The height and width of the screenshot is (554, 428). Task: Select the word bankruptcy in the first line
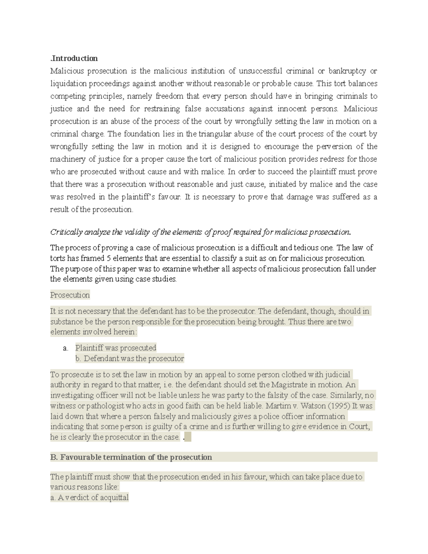tap(347, 71)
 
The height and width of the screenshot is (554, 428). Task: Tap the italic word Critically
tap(67, 232)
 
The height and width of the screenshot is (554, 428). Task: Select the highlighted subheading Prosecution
tap(70, 295)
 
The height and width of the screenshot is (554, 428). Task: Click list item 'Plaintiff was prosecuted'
tap(116, 348)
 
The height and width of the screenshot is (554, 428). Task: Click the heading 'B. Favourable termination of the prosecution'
tap(131, 457)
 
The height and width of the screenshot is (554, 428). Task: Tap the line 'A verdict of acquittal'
tap(90, 498)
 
